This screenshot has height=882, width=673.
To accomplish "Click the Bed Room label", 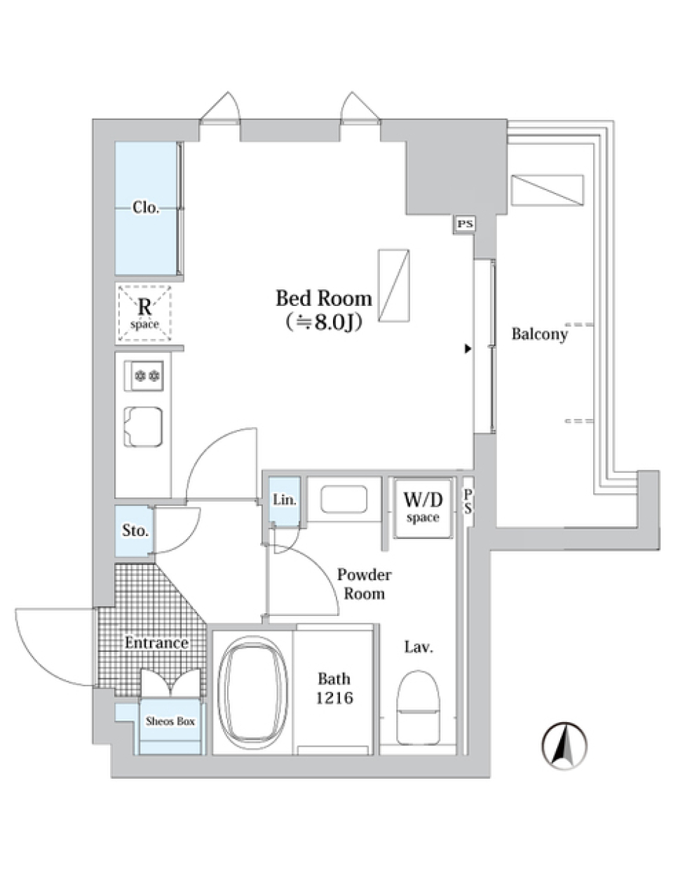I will click(x=323, y=299).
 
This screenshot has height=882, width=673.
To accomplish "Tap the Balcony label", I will click(x=539, y=334).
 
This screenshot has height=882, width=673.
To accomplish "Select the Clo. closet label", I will click(x=146, y=208).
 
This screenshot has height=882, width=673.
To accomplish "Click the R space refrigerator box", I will click(x=144, y=312).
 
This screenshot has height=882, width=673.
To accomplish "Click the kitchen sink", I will click(x=144, y=427).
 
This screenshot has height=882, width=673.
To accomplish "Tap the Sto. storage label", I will click(x=135, y=530).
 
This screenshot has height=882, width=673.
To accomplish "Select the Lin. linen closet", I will click(x=285, y=500).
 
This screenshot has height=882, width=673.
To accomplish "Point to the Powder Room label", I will click(x=364, y=584).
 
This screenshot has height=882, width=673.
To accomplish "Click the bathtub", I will click(x=253, y=691).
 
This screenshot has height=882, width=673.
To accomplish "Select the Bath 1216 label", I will click(x=334, y=688).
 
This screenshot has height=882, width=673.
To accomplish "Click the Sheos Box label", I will click(x=170, y=721).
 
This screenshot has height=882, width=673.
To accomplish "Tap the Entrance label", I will click(x=156, y=643).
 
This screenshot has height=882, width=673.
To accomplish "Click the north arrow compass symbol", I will click(x=564, y=745).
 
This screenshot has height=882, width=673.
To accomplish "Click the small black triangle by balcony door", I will click(x=468, y=348).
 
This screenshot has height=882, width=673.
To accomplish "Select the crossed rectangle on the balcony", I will click(x=547, y=190).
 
